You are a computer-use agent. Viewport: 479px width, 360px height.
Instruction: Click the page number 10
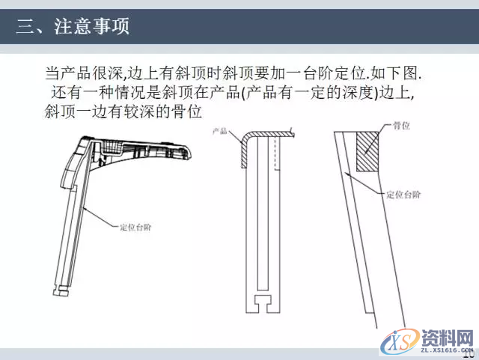pos(469,352)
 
